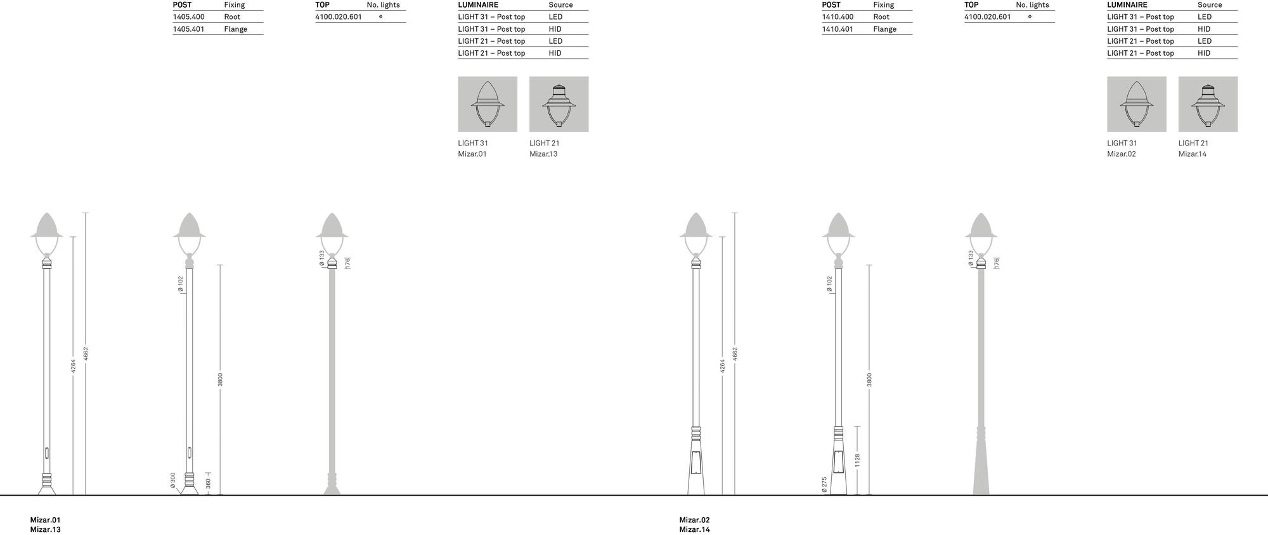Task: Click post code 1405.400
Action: (x=188, y=17)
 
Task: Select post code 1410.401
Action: (x=838, y=29)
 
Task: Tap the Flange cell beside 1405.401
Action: (x=235, y=29)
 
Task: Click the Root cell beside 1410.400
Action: (x=881, y=17)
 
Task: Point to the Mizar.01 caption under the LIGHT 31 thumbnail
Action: (x=472, y=154)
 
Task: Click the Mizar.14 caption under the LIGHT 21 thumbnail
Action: (x=1193, y=154)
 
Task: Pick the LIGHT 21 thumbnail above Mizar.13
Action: (x=559, y=104)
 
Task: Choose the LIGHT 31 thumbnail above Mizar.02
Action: (x=1136, y=104)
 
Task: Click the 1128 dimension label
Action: (x=857, y=460)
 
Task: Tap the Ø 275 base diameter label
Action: (x=824, y=484)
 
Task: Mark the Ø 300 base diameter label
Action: (x=173, y=480)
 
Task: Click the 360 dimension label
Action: (x=208, y=484)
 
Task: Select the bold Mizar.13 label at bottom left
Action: (x=46, y=529)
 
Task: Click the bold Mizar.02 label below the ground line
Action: (x=694, y=520)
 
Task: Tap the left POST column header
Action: (x=182, y=5)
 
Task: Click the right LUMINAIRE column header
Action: (x=1127, y=5)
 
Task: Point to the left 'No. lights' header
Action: (x=383, y=5)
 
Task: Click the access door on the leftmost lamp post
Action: (x=46, y=453)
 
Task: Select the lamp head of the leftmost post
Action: (x=46, y=232)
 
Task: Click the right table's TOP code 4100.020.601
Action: (x=987, y=17)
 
